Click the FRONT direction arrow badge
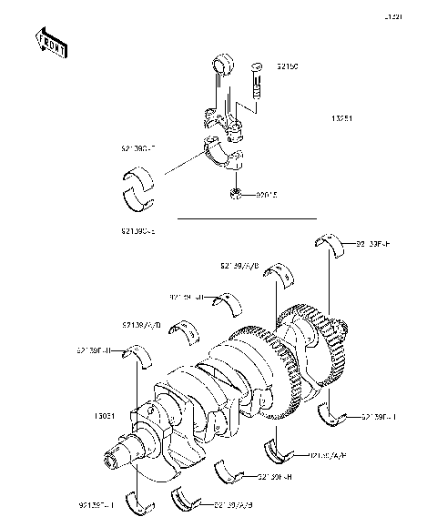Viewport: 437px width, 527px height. [51, 43]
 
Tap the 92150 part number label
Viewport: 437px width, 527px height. [288, 67]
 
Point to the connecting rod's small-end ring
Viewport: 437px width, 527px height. [222, 66]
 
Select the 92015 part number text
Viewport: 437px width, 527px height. [267, 194]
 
